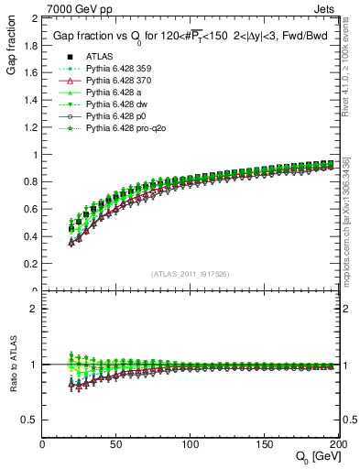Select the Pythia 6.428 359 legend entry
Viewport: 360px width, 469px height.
pyautogui.click(x=104, y=70)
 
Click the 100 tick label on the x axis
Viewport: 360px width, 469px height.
pyautogui.click(x=190, y=443)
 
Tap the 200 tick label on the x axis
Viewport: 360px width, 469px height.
pyautogui.click(x=336, y=443)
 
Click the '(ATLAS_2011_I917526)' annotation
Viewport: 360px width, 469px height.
pyautogui.click(x=190, y=274)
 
